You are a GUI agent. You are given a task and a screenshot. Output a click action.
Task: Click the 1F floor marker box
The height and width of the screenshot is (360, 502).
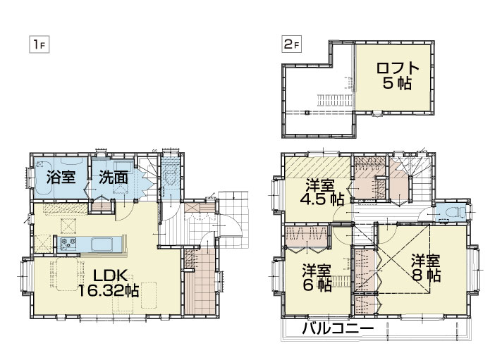click(x=39, y=45)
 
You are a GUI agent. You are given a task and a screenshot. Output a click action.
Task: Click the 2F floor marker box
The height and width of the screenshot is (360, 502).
click(x=291, y=44)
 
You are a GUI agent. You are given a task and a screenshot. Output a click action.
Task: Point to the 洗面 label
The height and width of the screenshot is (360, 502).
click(x=114, y=178)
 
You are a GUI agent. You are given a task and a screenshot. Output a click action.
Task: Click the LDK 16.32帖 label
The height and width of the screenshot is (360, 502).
click(x=109, y=283)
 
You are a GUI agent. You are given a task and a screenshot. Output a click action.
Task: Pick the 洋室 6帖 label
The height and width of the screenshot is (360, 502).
click(x=317, y=278)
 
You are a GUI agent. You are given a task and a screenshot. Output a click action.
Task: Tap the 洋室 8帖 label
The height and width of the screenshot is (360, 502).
click(x=426, y=268)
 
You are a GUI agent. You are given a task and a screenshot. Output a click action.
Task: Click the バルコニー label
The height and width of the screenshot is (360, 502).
click(x=338, y=328)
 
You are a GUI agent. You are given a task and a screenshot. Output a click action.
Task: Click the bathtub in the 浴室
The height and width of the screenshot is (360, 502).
click(x=61, y=178)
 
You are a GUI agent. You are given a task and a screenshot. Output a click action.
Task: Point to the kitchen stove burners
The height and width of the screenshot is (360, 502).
click(x=68, y=244)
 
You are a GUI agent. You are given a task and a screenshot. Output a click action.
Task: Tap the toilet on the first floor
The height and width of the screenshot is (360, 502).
click(x=170, y=175)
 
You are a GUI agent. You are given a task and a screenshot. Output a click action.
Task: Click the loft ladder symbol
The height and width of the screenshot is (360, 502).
click(x=335, y=100)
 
